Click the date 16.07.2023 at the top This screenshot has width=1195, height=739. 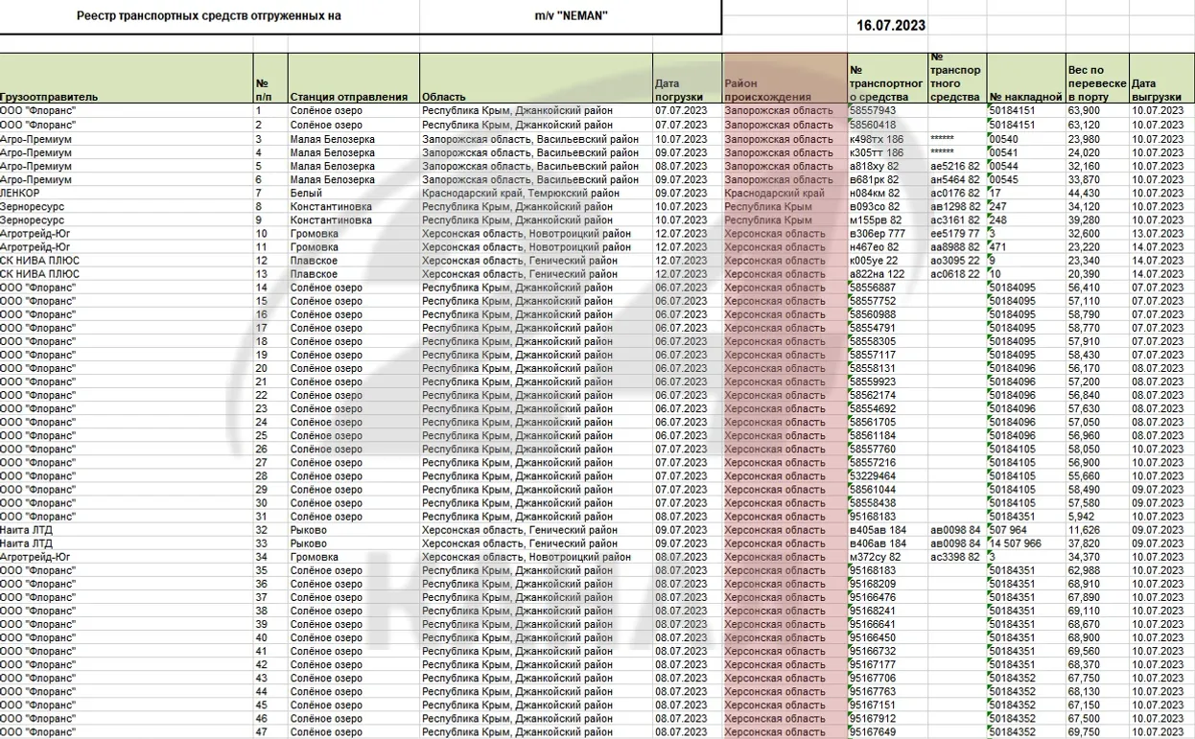click(891, 26)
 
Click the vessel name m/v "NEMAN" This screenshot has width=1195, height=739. click(571, 15)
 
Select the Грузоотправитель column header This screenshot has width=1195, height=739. click(49, 97)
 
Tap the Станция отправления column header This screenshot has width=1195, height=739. click(349, 97)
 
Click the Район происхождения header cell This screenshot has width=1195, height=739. click(767, 91)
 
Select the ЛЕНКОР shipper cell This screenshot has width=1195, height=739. click(20, 193)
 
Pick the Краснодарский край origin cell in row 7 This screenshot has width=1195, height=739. click(774, 193)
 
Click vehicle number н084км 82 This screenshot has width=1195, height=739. click(875, 193)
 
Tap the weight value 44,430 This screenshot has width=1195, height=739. click(1084, 193)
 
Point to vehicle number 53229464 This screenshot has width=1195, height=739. click(873, 475)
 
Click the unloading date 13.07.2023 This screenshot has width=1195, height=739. click(1158, 233)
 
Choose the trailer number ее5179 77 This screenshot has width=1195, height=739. click(955, 233)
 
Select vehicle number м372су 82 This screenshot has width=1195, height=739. click(875, 557)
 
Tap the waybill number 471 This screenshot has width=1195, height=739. click(999, 246)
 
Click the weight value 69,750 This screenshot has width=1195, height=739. click(1084, 732)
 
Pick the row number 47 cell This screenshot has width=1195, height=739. click(261, 732)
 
